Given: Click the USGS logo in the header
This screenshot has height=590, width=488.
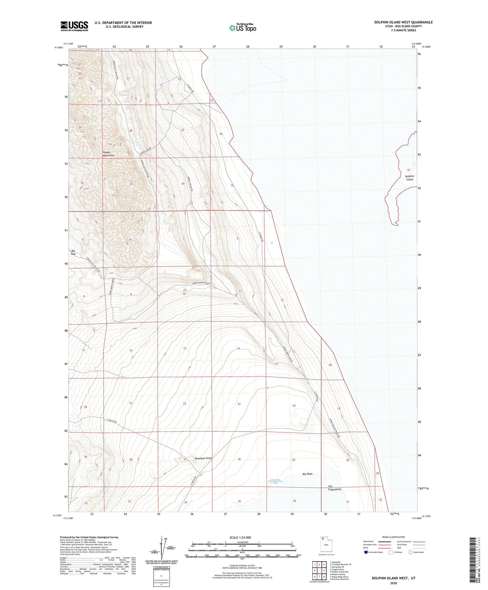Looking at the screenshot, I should pos(74,26).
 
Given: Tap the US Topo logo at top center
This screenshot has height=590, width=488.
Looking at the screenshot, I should pos(242,27).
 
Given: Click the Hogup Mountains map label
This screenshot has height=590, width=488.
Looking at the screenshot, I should pos(109,154).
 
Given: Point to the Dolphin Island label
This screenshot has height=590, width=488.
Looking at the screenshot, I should pos(409,178).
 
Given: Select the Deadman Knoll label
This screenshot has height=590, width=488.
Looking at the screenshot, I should pos(204,458).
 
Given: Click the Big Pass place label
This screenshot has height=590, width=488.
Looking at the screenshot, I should pos(73,252).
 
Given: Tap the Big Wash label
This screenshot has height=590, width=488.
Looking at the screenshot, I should pos(307,474).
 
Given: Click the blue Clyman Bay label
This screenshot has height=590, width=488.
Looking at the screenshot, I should pos(275,482).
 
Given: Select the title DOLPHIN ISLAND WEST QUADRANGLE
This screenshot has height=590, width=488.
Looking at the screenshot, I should pos(403,22).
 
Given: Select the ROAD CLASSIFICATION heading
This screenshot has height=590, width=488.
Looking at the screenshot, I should pos(393,537).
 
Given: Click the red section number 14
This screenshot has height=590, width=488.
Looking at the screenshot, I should pos(238,348).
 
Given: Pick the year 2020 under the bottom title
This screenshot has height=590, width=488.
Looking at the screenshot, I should pos(393,583).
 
